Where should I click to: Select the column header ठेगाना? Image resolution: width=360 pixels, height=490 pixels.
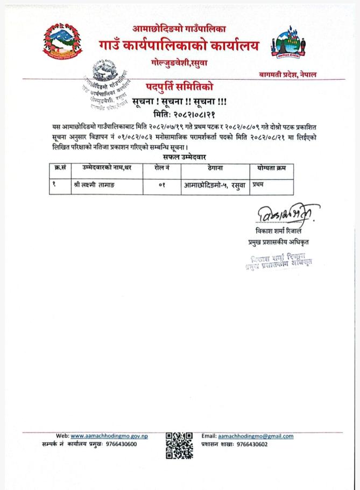tap(215, 168)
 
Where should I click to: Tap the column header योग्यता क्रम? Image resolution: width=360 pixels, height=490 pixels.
tap(271, 168)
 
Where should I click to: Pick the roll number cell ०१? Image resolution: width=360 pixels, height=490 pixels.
tap(160, 186)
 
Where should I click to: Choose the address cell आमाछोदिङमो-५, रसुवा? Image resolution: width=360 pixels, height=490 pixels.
tap(215, 186)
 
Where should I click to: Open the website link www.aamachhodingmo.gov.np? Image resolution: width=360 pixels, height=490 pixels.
tap(109, 436)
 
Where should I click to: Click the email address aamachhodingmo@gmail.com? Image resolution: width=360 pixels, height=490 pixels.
tap(255, 436)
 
